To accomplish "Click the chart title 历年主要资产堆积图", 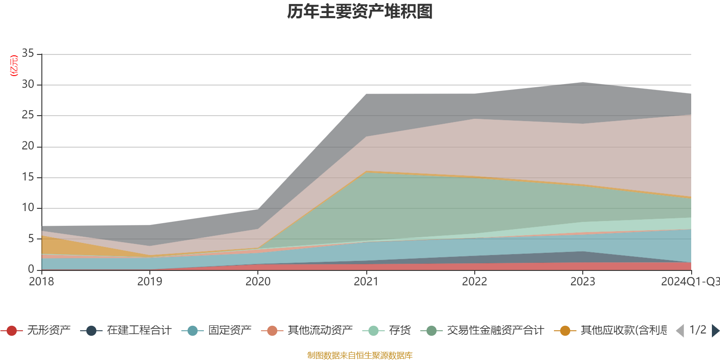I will click(360, 12).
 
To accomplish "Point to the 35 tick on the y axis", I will click(28, 54).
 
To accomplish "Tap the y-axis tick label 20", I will click(28, 146).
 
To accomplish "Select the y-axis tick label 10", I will click(28, 207).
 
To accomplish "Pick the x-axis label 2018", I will click(41, 282).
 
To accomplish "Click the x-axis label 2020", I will click(258, 282).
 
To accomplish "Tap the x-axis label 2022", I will click(474, 282).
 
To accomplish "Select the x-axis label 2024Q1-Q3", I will click(690, 282).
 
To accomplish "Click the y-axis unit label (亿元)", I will click(14, 66).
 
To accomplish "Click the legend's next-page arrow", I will click(715, 331).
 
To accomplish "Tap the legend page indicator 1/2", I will click(697, 330).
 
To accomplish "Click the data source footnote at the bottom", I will click(360, 355).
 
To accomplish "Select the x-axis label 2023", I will click(583, 282).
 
